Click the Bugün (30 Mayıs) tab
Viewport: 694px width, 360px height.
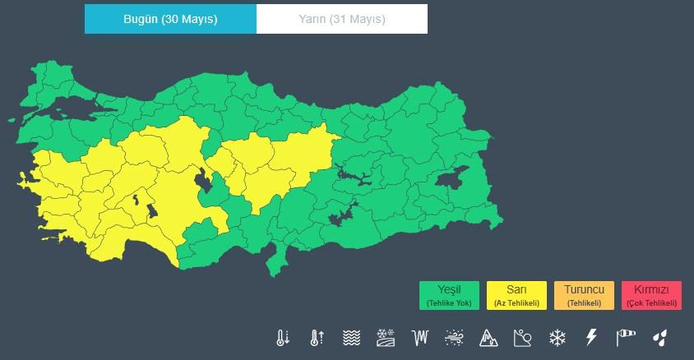pos(170,19)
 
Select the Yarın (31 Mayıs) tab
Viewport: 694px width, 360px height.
pos(342,19)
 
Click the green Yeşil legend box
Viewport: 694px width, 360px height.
pos(449,295)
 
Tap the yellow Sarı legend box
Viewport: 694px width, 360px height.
pos(516,295)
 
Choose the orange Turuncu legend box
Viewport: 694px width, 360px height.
pos(584,295)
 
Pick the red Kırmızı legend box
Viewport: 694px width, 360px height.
pos(652,295)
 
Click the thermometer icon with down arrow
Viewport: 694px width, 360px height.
pos(283,337)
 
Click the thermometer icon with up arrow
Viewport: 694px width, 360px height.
pos(317,337)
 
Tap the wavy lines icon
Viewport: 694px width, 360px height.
pos(352,337)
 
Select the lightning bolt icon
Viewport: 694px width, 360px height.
pos(591,337)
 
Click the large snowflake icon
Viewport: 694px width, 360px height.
pos(558,337)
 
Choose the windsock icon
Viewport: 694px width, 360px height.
pos(626,337)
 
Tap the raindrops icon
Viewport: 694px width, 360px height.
pos(659,337)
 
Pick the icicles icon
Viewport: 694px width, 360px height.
pos(421,337)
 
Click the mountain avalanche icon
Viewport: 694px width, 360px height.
pos(489,337)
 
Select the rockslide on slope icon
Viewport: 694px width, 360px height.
pos(523,337)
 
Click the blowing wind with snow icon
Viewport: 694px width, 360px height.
pos(455,337)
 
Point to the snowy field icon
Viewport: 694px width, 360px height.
pos(386,337)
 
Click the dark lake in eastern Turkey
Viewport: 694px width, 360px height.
pos(451,178)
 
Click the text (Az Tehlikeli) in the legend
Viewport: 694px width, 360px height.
pos(516,303)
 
